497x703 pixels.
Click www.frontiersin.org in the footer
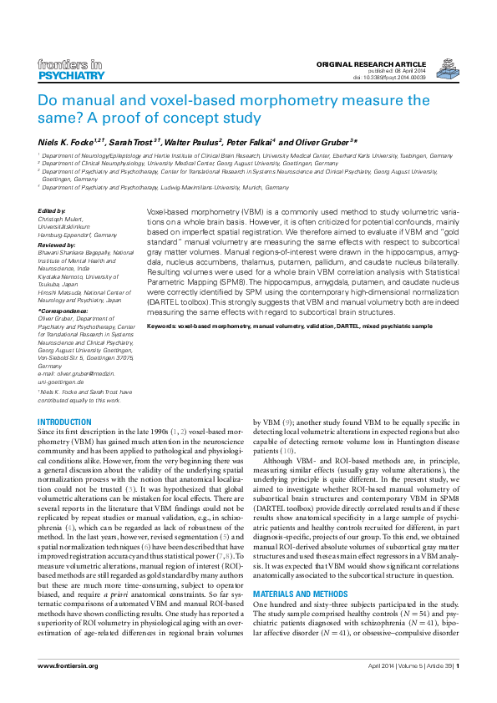coord(68,665)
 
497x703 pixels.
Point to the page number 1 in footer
coord(457,665)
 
